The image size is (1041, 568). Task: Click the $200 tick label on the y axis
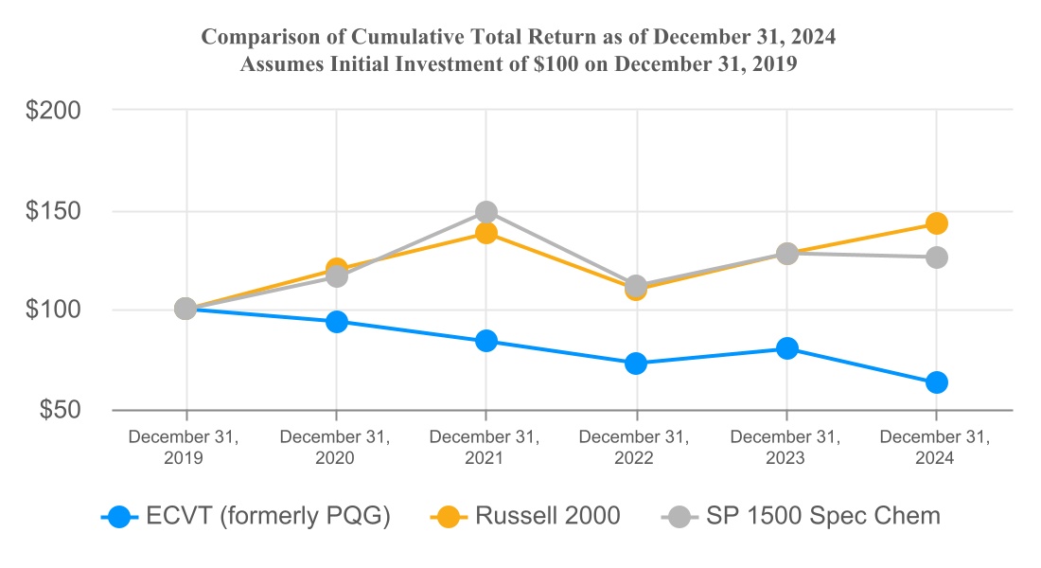tap(53, 110)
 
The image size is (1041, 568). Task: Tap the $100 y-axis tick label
tap(53, 310)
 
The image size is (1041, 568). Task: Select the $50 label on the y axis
tap(59, 410)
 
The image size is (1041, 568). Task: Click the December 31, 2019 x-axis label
tap(185, 448)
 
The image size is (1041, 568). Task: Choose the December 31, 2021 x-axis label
tap(485, 448)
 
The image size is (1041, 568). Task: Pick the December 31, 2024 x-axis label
tap(935, 448)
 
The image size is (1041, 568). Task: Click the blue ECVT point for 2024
tap(936, 382)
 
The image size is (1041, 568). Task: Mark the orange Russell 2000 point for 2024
tap(936, 223)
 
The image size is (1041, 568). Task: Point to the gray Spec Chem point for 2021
tap(485, 211)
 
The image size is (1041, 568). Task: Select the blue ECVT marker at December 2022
tap(636, 364)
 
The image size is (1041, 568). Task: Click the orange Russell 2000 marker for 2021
tap(485, 233)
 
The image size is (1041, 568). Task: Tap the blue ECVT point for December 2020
tap(336, 322)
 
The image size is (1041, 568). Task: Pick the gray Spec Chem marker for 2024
tap(936, 257)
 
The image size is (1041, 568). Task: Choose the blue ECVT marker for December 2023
tap(786, 348)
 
